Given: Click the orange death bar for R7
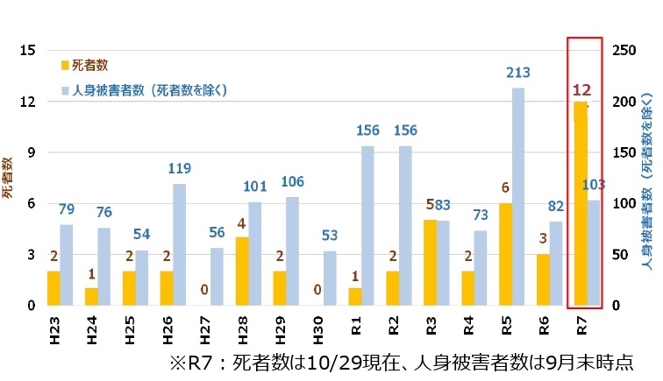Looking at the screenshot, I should (581, 203).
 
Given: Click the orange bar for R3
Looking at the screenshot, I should (430, 262).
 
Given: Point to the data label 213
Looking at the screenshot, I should (519, 74).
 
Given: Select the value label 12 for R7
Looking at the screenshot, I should (581, 89).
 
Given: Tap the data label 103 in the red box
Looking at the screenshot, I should (595, 185).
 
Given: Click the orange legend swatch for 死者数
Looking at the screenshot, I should (64, 65).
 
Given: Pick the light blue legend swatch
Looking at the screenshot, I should (64, 90).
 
